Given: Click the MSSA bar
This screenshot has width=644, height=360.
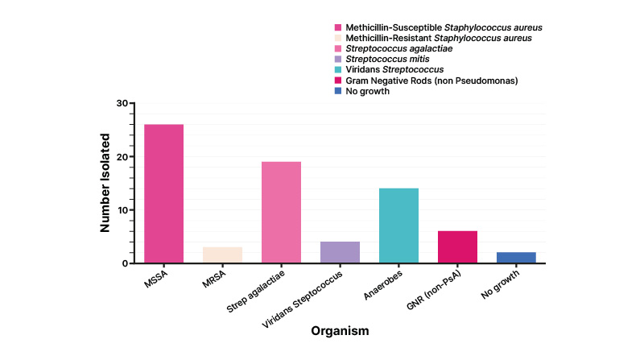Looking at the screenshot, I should coord(164,193).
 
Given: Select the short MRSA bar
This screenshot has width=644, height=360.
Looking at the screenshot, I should coord(223,254).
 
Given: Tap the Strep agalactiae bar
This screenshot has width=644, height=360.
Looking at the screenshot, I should coord(282,212).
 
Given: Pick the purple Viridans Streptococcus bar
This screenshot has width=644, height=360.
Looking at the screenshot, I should coord(341,252).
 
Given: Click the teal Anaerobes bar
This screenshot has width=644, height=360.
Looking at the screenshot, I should coord(399,226).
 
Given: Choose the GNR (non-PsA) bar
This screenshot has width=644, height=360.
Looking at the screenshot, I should coord(458,246).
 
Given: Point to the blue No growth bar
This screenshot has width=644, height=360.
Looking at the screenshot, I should coord(517,258).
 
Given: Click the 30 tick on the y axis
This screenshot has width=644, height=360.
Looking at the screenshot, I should coord(122,103).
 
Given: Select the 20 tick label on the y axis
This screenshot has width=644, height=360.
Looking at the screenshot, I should coord(122,157).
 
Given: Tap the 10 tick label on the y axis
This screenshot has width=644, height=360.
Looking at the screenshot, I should coord(122,210).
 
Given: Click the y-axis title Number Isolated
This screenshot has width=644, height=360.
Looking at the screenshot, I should coord(105,184).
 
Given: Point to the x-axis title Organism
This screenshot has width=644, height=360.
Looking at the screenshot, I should coord(341,329).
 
